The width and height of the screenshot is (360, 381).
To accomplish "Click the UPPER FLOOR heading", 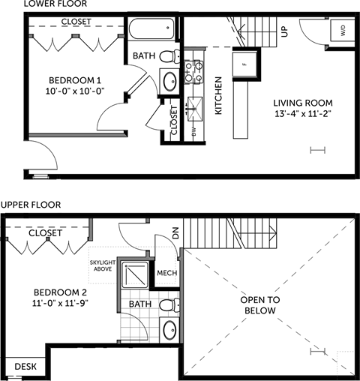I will click(31, 204).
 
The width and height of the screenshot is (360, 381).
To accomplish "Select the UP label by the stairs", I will click(283, 31).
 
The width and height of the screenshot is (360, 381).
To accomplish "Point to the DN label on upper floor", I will click(176, 234).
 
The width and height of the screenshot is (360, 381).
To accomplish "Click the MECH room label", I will click(166, 272).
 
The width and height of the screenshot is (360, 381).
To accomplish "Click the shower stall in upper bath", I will click(135, 277).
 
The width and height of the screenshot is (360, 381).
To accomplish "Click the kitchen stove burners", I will click(196, 71).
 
